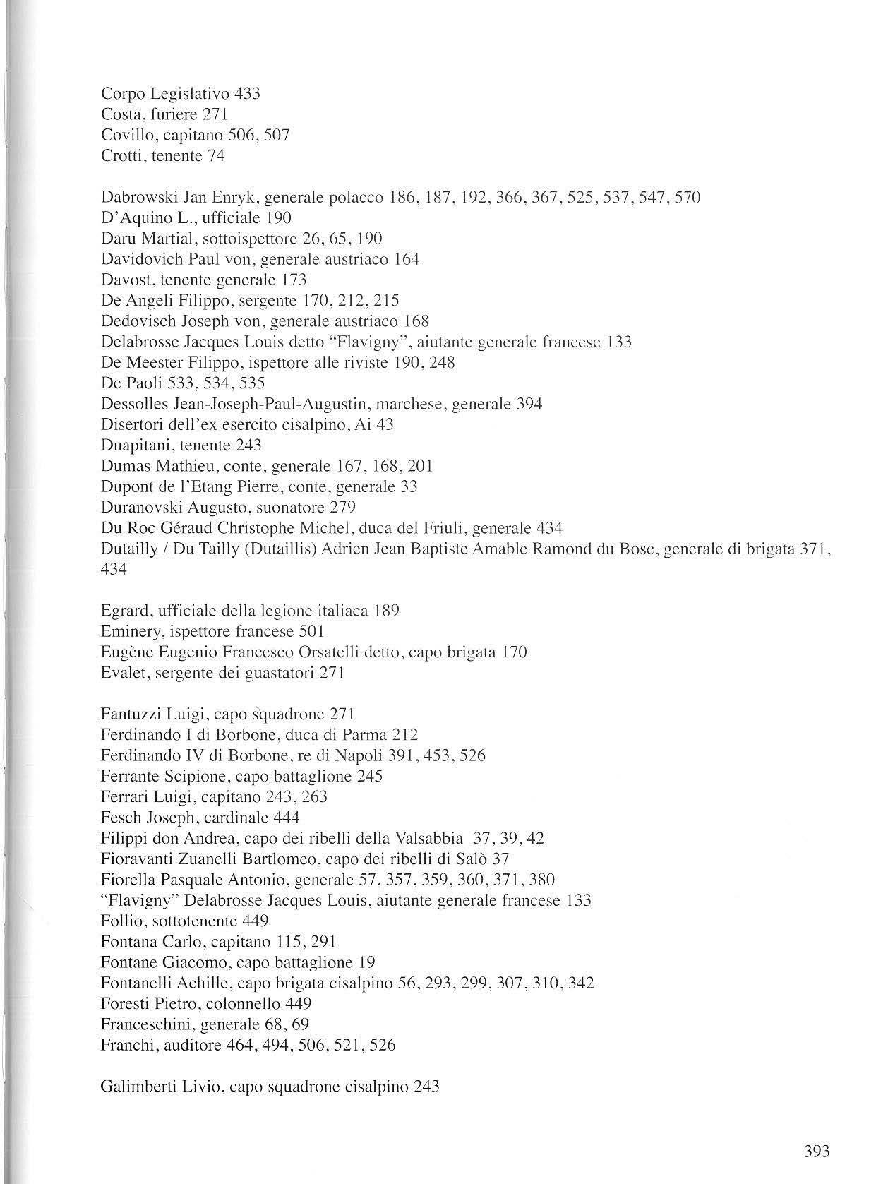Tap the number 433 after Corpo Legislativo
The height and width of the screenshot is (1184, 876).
246,93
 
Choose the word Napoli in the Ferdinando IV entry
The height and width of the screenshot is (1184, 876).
363,755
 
